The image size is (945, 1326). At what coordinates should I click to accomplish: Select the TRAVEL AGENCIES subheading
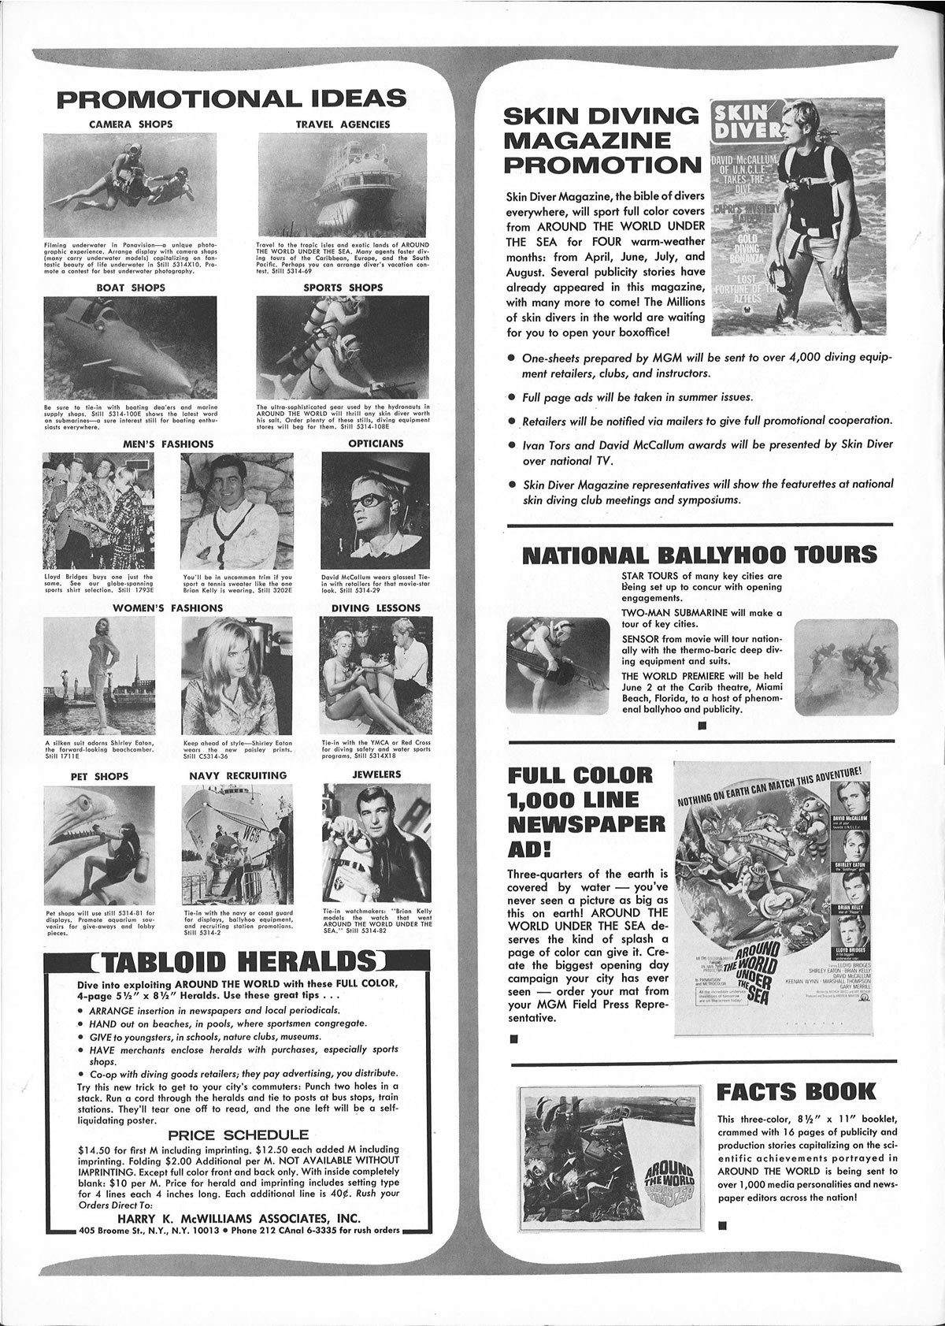coord(343,124)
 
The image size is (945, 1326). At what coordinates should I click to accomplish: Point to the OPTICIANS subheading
coord(376,444)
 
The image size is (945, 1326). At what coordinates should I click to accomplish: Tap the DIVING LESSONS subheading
coord(376,607)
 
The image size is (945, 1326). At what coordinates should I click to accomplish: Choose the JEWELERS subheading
coord(376,774)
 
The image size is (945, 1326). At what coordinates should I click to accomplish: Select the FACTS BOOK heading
coord(796,1091)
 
